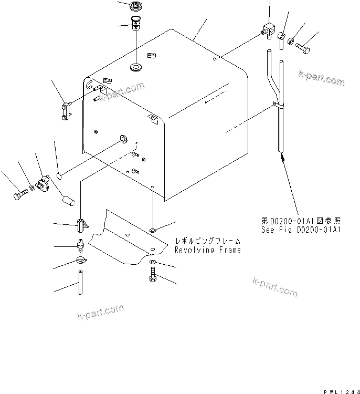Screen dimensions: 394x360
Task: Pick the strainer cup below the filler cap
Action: [x=135, y=24]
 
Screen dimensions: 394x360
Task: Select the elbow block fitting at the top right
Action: [x=269, y=32]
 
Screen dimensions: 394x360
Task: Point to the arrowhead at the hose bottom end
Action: [x=282, y=155]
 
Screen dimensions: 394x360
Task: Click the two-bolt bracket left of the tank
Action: [x=66, y=112]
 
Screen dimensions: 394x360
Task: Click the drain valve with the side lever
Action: [x=80, y=225]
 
